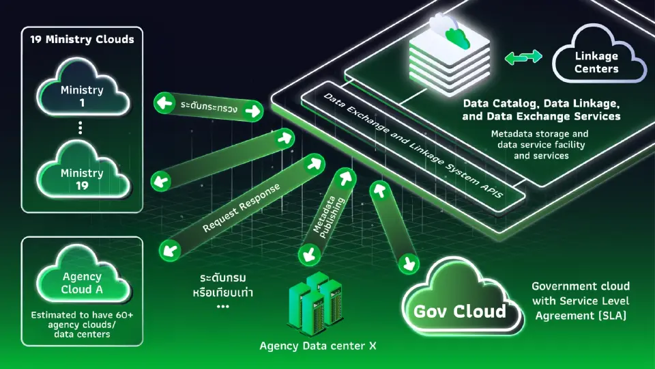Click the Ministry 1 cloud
pyautogui.click(x=83, y=89)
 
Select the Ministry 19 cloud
pyautogui.click(x=83, y=172)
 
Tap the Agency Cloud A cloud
pyautogui.click(x=83, y=276)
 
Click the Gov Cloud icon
pyautogui.click(x=462, y=299)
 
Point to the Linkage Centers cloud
pyautogui.click(x=598, y=55)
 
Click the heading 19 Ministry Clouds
pyautogui.click(x=83, y=40)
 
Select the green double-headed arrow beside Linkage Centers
pyautogui.click(x=523, y=57)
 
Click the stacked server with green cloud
pyautogui.click(x=449, y=53)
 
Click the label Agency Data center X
pyautogui.click(x=318, y=346)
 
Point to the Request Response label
pyautogui.click(x=241, y=208)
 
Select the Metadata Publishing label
pyautogui.click(x=329, y=217)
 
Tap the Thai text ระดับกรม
pyautogui.click(x=222, y=278)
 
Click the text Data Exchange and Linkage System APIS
pyautogui.click(x=413, y=145)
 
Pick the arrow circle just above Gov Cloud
pyautogui.click(x=408, y=264)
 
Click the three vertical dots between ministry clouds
pyautogui.click(x=81, y=128)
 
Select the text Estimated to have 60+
pyautogui.click(x=83, y=315)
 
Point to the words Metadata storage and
pyautogui.click(x=540, y=134)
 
